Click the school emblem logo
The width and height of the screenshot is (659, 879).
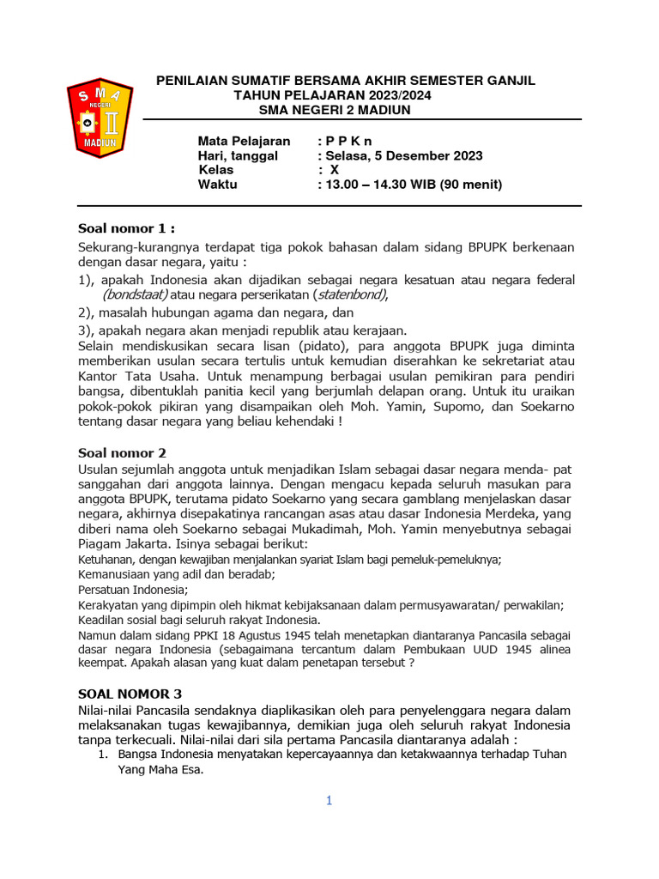click(x=100, y=120)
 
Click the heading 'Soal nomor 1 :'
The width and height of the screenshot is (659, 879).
click(x=126, y=228)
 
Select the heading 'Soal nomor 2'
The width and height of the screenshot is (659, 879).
click(x=122, y=452)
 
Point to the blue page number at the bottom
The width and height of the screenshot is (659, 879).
click(x=328, y=801)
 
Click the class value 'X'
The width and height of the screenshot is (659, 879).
click(x=335, y=170)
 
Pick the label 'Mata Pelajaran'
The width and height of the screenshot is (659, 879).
click(x=244, y=141)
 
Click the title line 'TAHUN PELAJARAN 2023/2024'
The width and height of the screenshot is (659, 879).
click(x=333, y=94)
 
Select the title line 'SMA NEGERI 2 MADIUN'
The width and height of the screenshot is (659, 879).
click(x=335, y=109)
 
